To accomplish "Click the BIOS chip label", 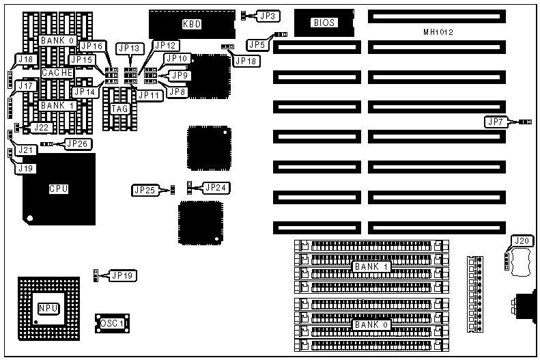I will pos(324,23).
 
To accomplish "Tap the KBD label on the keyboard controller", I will pos(192,24).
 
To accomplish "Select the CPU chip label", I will pos(58,189).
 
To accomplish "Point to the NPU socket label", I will pos(48,309).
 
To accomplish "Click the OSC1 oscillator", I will pos(111,322).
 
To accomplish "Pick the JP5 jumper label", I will pos(257,44).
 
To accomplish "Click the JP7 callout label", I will pos(495,122).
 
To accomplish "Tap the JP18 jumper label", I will pos(246,61).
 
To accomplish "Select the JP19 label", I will pos(124,275).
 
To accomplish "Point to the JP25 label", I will pos(145,189).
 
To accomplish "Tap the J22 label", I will pos(41,127).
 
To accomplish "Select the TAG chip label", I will pos(119,108).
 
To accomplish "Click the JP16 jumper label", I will pos(91,46).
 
